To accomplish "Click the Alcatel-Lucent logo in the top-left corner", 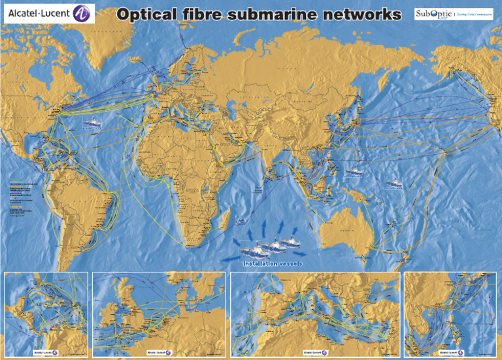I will tap(49, 13).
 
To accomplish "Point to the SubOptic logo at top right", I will tap(453, 14).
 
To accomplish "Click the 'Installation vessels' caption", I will tap(273, 263).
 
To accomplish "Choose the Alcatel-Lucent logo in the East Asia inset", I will tap(451, 352).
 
